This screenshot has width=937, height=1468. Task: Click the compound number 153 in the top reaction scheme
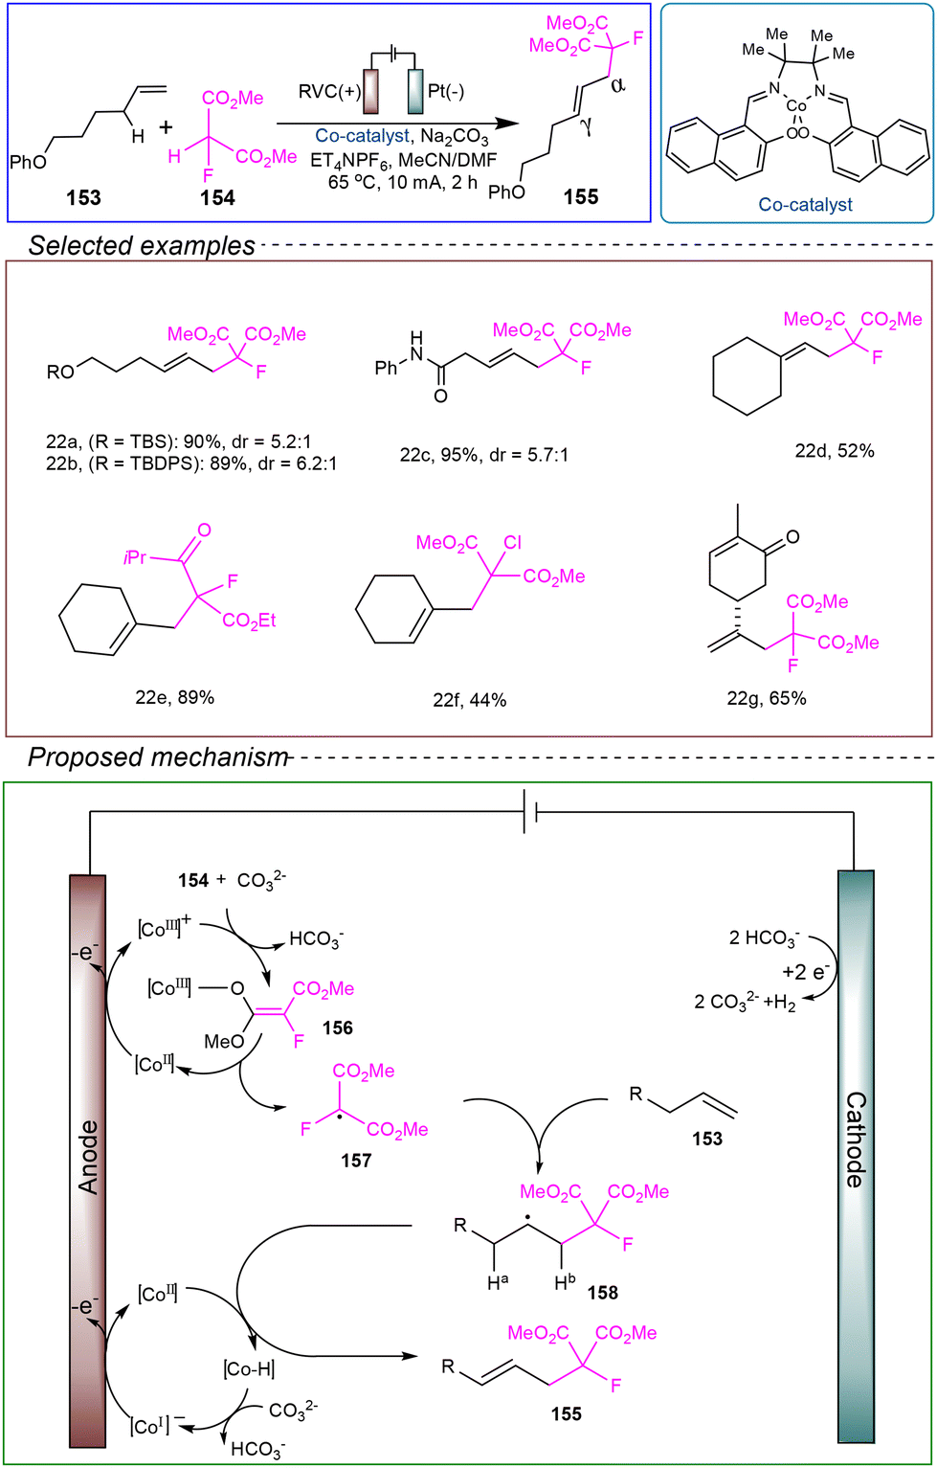84,197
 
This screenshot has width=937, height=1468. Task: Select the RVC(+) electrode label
329,91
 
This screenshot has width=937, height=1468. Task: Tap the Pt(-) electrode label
446,90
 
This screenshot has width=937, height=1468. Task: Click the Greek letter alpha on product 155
616,84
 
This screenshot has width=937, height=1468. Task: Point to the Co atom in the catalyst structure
796,106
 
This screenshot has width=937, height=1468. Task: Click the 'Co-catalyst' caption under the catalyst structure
805,205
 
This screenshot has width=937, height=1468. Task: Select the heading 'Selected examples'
142,246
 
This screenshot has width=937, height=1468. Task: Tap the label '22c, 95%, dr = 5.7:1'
484,455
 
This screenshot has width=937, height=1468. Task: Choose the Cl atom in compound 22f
513,543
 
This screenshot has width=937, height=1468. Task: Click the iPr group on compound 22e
136,557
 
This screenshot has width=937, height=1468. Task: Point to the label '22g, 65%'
766,699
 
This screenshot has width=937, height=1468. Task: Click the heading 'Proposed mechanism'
158,757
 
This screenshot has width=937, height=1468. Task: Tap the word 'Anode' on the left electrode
88,1157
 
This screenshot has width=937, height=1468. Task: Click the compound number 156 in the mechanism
337,1028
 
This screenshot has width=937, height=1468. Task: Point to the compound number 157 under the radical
355,1161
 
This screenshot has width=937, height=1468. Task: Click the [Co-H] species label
249,1369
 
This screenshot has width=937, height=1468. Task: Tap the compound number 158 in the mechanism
602,1293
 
